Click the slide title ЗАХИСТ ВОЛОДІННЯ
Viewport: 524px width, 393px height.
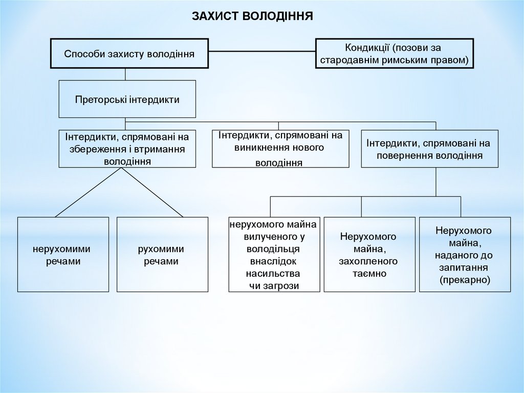(252, 16)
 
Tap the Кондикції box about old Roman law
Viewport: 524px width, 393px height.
(394, 53)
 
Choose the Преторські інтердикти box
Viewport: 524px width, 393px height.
(127, 99)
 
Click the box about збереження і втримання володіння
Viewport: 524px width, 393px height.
(127, 149)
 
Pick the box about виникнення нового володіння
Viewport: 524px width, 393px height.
(280, 149)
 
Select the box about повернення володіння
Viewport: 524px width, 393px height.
(430, 149)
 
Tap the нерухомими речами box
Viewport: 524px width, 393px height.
(63, 255)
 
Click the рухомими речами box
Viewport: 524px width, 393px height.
(162, 255)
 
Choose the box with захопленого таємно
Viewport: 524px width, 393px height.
(368, 255)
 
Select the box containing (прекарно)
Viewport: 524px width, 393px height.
(465, 255)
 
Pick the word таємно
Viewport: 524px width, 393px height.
(368, 274)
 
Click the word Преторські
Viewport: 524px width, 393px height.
(97, 99)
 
